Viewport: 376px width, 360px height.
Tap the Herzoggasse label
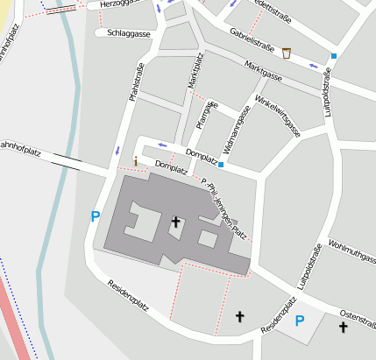(122, 4)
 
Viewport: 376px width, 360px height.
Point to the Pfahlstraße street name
(136, 84)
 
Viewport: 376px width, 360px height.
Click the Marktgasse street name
(263, 72)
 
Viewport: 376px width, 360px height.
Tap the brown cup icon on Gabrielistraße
(287, 54)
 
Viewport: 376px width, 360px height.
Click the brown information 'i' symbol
(135, 162)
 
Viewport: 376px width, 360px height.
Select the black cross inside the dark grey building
(175, 222)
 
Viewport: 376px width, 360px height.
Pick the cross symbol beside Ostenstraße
(343, 328)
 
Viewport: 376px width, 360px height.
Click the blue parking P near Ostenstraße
(299, 321)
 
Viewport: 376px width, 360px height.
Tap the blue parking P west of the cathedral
(95, 216)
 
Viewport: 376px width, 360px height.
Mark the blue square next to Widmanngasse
(221, 165)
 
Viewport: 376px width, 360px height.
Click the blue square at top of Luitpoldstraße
(333, 57)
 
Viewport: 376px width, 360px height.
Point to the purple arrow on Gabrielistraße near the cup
(313, 65)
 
